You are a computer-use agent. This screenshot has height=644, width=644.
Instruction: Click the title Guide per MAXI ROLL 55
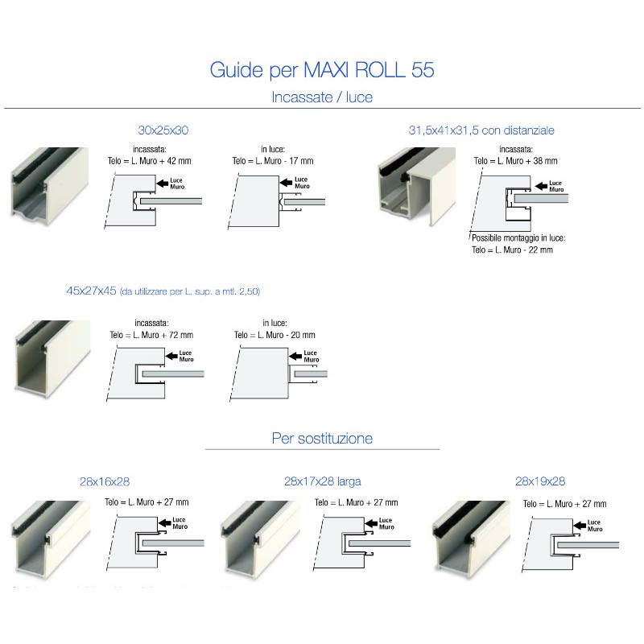(x=322, y=70)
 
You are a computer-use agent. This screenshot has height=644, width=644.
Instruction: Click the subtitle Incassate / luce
(x=322, y=98)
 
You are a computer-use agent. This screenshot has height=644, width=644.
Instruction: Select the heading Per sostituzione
(x=322, y=439)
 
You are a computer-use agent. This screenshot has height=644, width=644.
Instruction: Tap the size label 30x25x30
(x=163, y=130)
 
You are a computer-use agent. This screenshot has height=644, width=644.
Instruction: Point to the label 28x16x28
(x=105, y=481)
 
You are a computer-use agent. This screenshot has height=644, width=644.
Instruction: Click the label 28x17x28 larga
(x=322, y=481)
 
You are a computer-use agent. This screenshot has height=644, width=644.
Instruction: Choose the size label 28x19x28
(x=540, y=481)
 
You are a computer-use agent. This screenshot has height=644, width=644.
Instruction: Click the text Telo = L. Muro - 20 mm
(x=275, y=334)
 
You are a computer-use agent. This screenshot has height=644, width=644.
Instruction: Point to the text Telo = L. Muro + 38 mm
(x=515, y=160)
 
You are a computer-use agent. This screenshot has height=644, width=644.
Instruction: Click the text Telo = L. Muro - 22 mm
(x=512, y=250)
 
